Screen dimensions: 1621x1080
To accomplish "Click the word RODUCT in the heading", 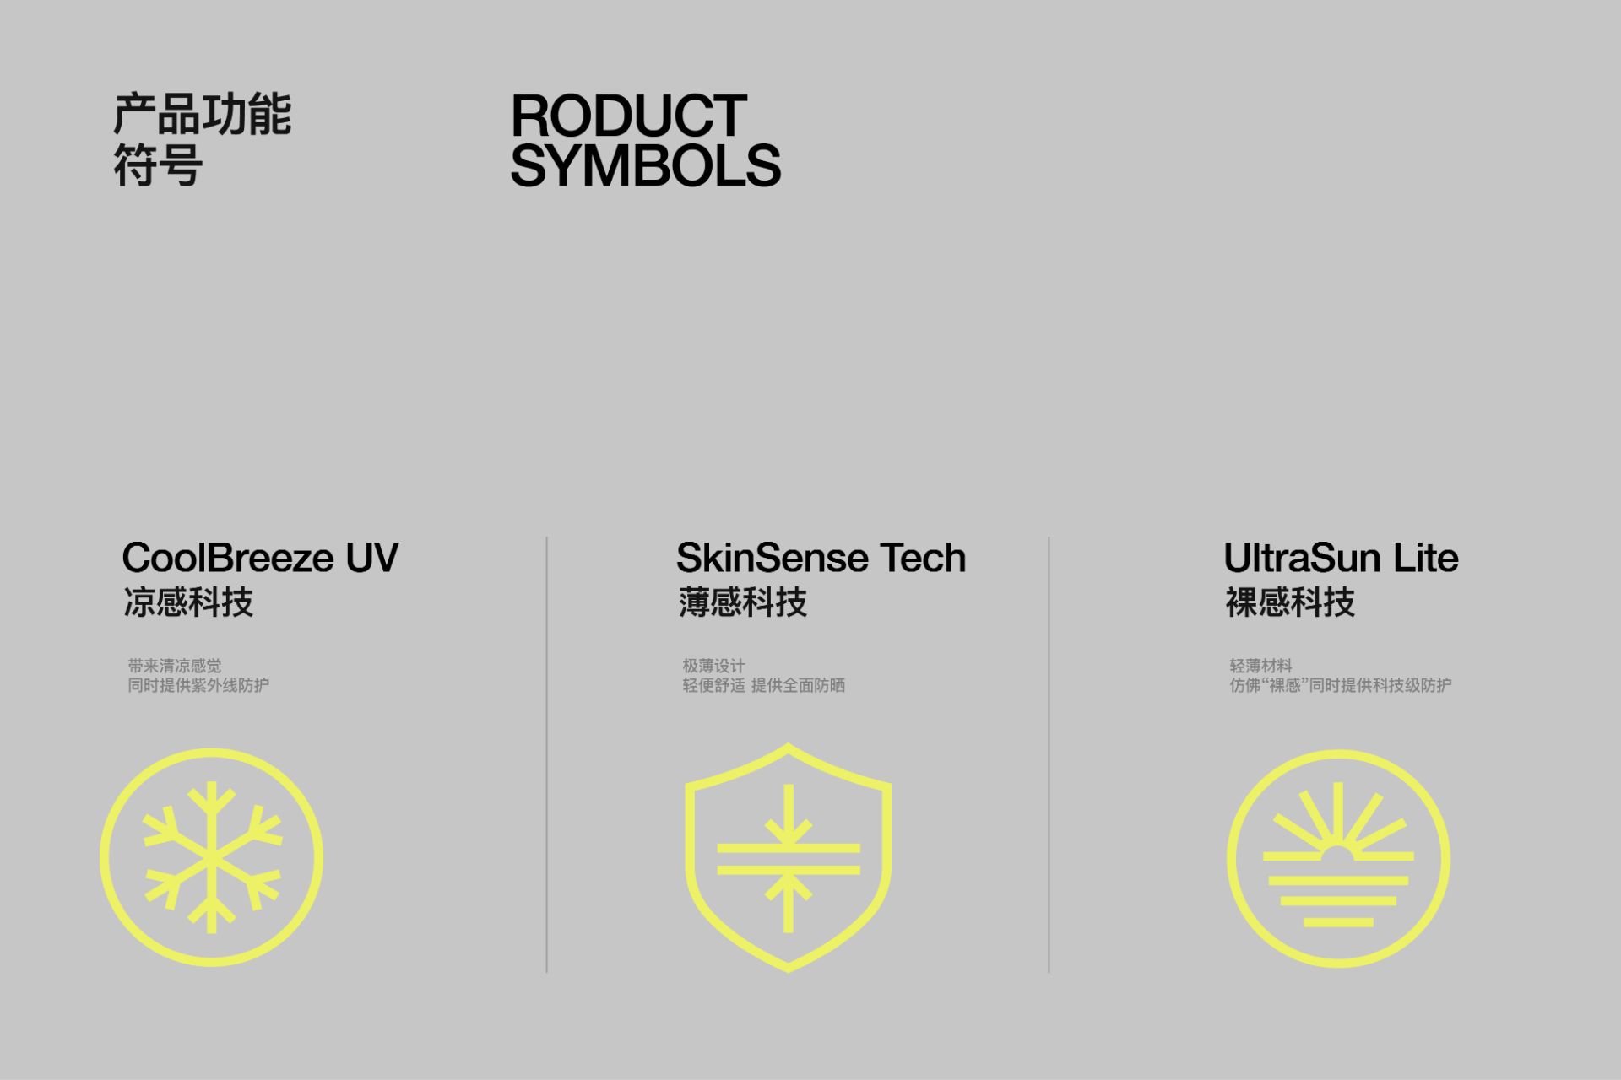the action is coord(629,116).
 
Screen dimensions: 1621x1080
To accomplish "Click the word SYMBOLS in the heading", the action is coord(646,165).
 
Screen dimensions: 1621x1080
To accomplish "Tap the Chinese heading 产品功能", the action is coord(203,115).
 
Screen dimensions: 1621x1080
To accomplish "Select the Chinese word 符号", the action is coord(158,165).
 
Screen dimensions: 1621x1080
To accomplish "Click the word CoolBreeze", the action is coord(228,558).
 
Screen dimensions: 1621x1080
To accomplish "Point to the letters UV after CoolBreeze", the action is coord(372,558).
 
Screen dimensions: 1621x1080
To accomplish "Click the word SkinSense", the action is coord(772,558).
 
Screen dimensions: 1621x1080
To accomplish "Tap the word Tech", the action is coord(923,558).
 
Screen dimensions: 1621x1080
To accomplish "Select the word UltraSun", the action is coord(1302,558).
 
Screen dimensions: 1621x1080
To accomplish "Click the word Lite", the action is coord(1426,558).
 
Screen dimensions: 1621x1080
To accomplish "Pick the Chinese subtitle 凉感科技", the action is coord(188,602).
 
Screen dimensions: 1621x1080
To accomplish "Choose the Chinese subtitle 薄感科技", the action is coord(743,602).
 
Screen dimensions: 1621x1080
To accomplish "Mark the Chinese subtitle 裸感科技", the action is coord(1290,602).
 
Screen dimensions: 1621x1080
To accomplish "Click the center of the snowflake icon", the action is coord(211,857).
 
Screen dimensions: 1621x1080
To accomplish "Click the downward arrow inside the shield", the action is coord(789,814).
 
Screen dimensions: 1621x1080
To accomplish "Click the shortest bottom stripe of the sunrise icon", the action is coord(1338,922).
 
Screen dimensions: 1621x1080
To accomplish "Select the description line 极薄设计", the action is coord(714,666).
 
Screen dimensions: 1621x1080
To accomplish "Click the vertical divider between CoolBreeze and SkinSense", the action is coord(547,754).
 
